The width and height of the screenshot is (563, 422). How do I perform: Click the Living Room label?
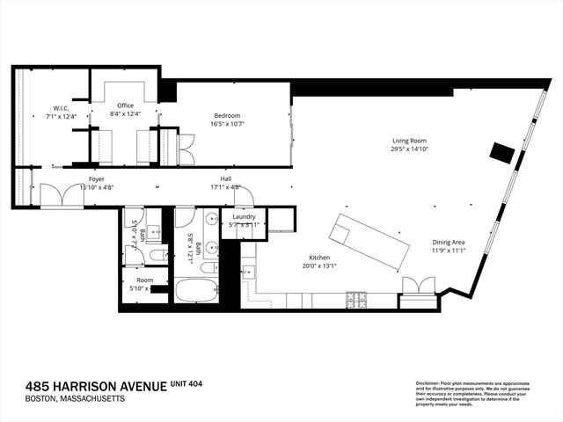click(410, 140)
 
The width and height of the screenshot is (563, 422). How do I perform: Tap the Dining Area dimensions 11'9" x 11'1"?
click(449, 251)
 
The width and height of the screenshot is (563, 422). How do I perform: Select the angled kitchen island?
click(370, 242)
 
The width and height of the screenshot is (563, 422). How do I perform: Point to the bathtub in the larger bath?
click(194, 290)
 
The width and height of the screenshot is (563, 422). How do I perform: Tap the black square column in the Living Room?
click(501, 152)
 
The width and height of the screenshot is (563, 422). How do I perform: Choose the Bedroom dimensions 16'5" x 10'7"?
click(227, 124)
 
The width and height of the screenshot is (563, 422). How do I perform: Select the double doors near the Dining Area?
click(417, 285)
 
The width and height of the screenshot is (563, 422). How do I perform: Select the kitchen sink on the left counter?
click(247, 271)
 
